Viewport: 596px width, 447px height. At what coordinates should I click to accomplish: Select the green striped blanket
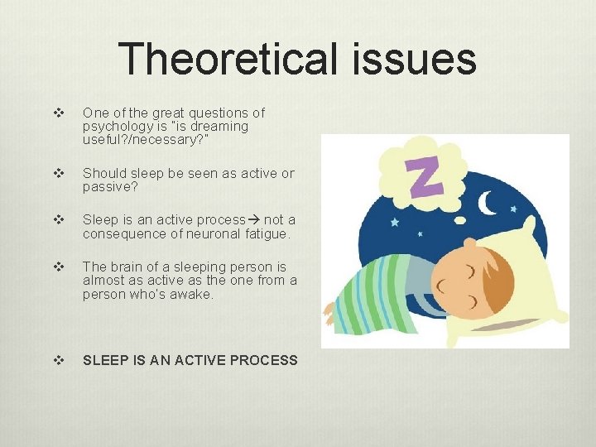(x=381, y=294)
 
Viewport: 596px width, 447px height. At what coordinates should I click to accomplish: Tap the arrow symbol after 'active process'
(x=254, y=220)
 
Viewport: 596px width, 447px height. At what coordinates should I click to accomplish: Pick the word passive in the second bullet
(x=106, y=187)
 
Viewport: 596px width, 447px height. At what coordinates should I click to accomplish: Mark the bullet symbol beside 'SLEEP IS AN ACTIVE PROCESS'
(x=57, y=360)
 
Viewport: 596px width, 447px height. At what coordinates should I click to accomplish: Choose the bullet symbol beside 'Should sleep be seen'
(x=57, y=173)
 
